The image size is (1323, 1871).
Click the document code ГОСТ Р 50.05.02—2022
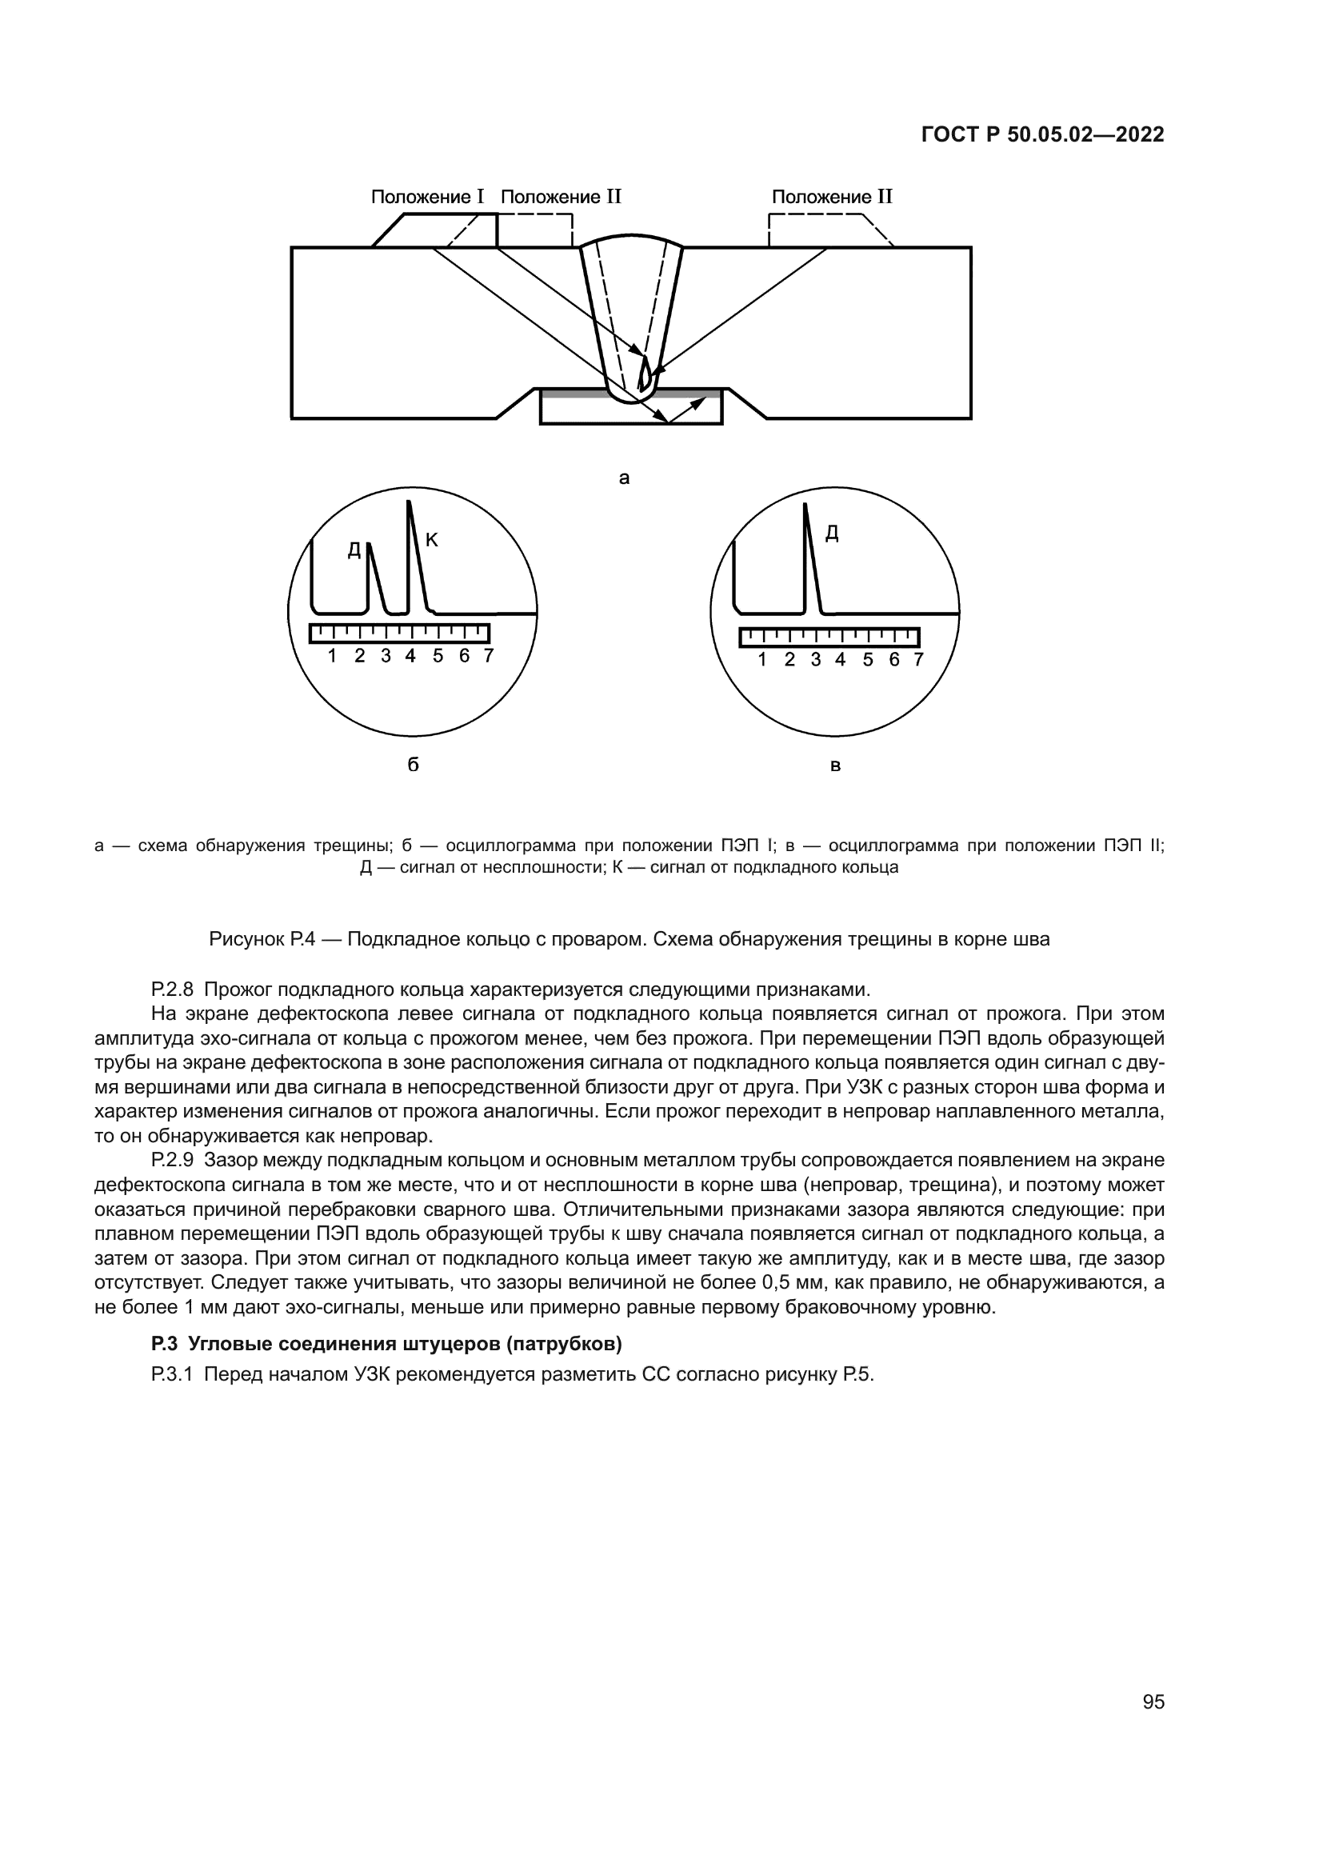pos(1042,134)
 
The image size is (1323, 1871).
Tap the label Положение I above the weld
pos(428,198)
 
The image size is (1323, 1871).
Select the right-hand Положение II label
pos(832,198)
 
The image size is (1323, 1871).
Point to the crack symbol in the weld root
pos(645,375)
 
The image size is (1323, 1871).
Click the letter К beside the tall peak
pos(432,539)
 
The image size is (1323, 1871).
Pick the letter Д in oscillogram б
pos(354,551)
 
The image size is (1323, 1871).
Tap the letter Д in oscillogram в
pos(832,534)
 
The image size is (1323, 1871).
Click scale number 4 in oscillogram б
pos(410,656)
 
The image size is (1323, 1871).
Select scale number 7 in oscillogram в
pos(919,659)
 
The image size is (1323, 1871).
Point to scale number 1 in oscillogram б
pos(333,656)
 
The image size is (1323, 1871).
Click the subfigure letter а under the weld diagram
pos(624,478)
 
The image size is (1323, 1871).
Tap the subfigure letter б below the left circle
pos(413,766)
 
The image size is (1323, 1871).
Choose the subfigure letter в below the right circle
pos(835,766)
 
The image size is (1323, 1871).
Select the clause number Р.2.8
pos(172,990)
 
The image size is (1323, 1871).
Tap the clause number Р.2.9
pos(172,1161)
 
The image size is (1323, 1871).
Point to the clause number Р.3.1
pos(172,1375)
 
